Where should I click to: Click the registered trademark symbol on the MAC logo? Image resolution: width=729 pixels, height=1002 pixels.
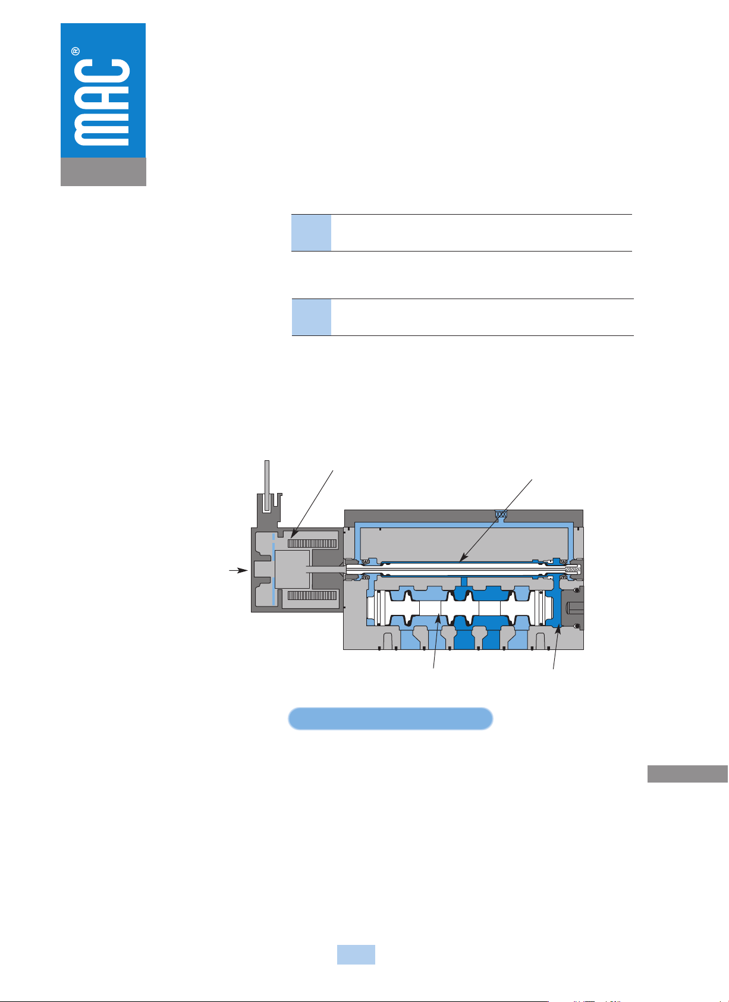(x=76, y=52)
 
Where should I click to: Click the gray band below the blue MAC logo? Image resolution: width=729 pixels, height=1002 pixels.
(x=103, y=172)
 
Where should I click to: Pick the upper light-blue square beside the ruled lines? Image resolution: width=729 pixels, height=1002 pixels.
(x=311, y=233)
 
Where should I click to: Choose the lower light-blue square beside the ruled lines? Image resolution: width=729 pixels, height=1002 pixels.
(x=311, y=317)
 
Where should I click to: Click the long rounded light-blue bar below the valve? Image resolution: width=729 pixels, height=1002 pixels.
(x=391, y=719)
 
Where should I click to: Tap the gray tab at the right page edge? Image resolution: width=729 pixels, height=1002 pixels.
(x=687, y=774)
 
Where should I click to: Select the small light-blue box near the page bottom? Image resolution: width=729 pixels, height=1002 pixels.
(x=356, y=954)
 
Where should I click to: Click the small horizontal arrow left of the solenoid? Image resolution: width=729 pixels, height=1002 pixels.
(x=238, y=570)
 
